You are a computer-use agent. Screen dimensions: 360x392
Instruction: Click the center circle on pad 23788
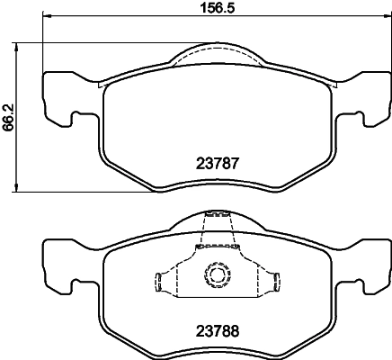tap(217, 274)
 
